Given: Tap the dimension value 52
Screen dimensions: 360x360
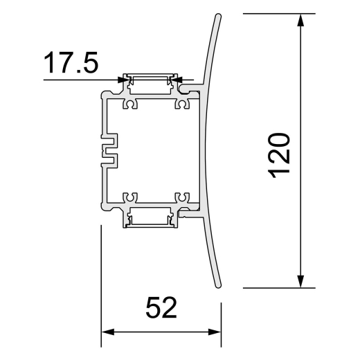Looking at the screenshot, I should click(161, 307).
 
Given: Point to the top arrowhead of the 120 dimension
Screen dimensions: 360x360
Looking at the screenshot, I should click(300, 19).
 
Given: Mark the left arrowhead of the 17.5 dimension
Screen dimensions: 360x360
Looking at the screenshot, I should click(123, 80).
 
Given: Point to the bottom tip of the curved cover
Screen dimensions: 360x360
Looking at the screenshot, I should click(218, 285).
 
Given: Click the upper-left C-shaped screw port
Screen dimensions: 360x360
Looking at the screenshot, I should click(131, 104).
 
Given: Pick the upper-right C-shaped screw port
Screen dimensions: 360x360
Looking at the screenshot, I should click(183, 104).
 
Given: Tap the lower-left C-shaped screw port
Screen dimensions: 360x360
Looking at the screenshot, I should click(131, 198).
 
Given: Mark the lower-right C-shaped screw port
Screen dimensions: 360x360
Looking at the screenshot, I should click(183, 198).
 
